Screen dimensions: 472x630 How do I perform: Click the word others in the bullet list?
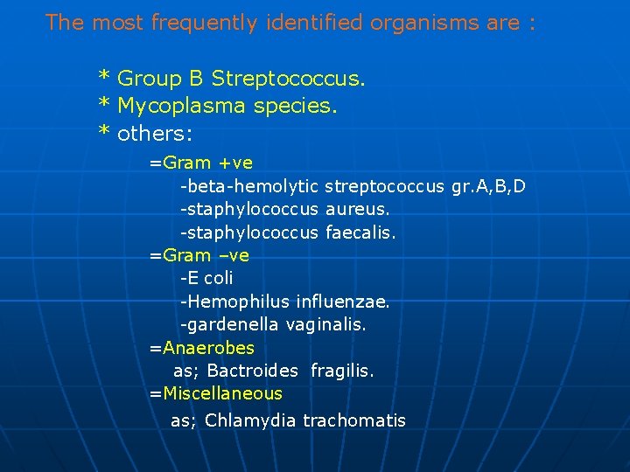(154, 134)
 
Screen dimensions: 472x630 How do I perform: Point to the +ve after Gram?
(235, 163)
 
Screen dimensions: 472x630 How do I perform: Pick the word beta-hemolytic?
(251, 186)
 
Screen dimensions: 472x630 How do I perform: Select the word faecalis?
(360, 233)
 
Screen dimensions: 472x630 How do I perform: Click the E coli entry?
(207, 278)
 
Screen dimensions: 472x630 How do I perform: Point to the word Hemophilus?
(239, 302)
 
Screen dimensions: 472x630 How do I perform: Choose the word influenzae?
(343, 302)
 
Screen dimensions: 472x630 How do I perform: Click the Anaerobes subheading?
(207, 348)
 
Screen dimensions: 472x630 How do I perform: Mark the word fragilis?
(342, 371)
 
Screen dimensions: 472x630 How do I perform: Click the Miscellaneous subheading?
(221, 393)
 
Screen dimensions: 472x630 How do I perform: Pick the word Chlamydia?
(251, 420)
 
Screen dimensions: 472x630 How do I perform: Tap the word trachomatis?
(354, 420)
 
